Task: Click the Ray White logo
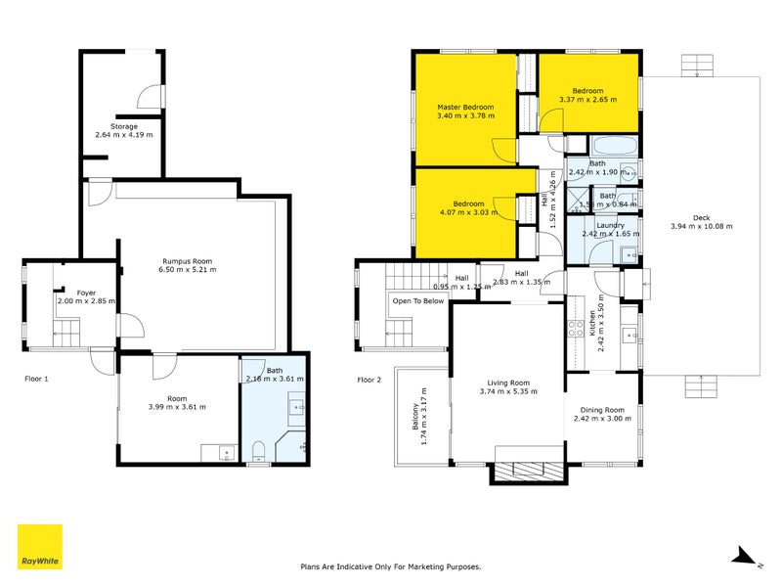click(40, 547)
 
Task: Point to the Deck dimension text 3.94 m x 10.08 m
click(701, 226)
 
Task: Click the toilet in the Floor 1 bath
click(258, 451)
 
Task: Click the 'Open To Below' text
click(418, 301)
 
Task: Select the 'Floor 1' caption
click(38, 378)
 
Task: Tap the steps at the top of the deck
click(697, 65)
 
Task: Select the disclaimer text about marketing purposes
click(390, 565)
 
